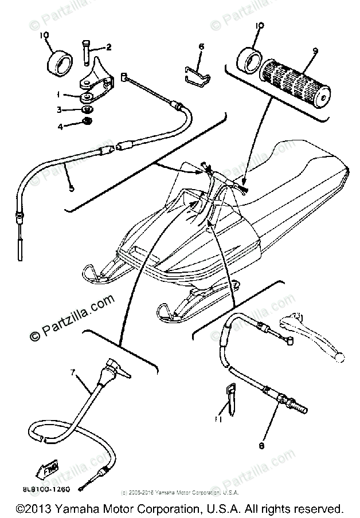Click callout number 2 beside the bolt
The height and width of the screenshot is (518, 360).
(108, 48)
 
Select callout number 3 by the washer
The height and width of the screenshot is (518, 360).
(67, 109)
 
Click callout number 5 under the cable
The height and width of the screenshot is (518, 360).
(71, 187)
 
